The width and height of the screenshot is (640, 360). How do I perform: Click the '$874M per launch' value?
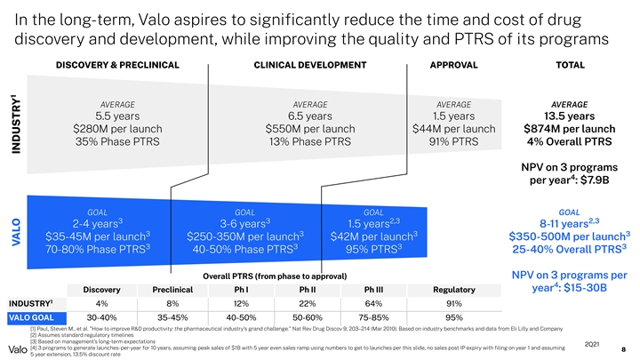569,131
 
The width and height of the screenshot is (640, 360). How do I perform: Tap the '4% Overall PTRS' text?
569,145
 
